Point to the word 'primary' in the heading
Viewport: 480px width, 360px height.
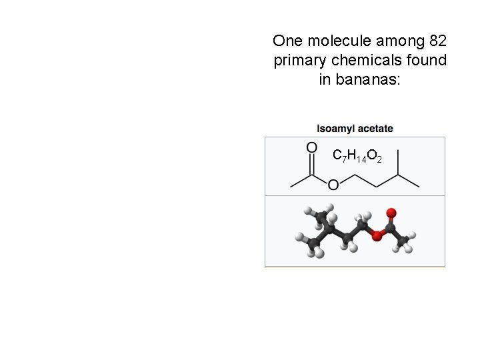(x=298, y=61)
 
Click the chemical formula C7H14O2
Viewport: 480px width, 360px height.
(x=357, y=156)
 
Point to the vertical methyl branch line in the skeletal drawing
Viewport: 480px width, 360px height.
(x=398, y=164)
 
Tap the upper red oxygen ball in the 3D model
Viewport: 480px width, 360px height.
(x=391, y=214)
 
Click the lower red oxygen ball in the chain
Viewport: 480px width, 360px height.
(x=377, y=235)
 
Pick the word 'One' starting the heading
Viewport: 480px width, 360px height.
(x=287, y=41)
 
